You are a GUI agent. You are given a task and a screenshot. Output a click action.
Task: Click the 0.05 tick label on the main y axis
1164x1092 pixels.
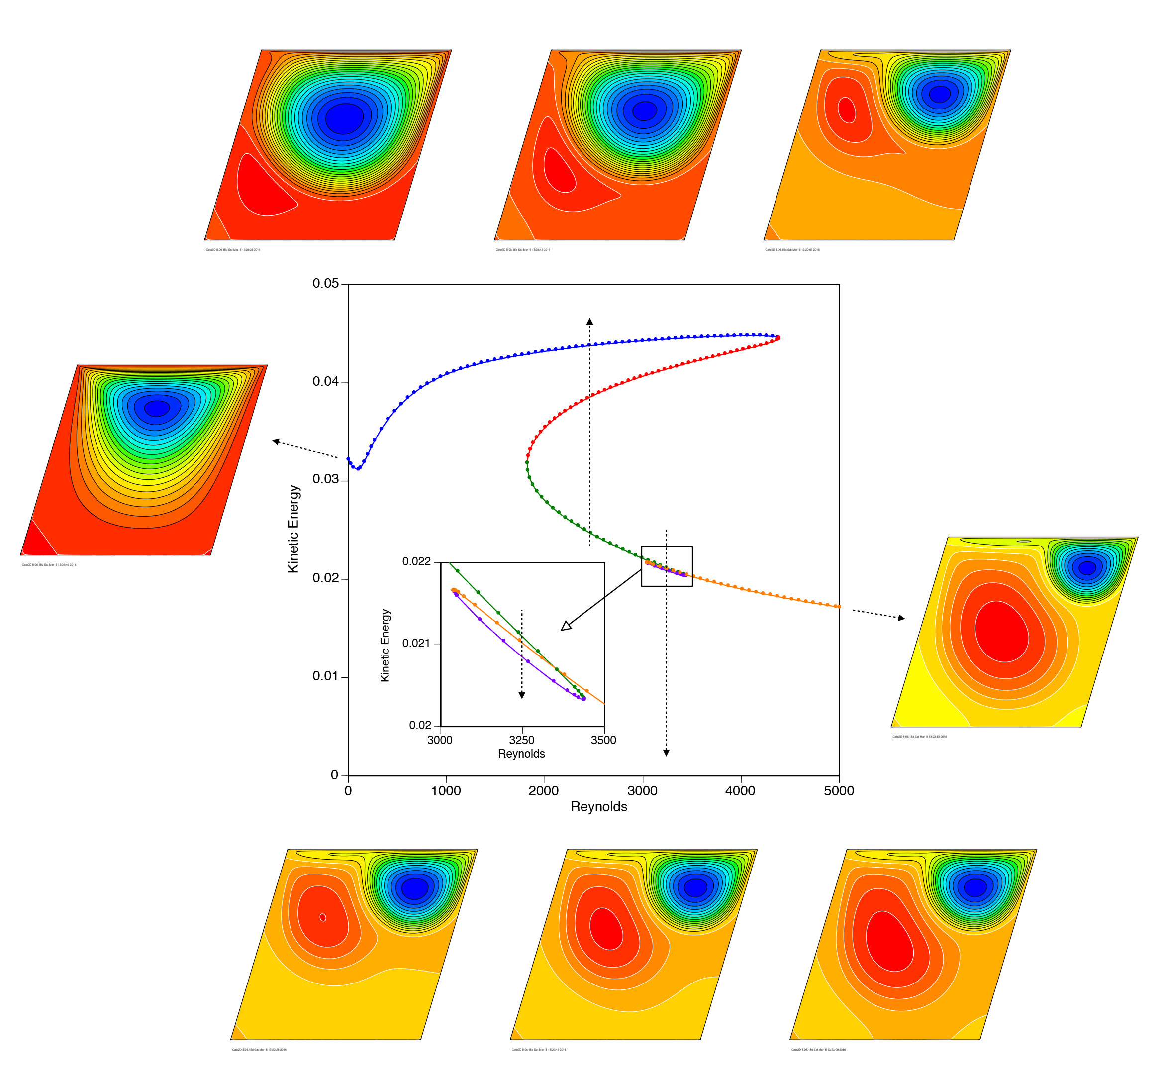[325, 284]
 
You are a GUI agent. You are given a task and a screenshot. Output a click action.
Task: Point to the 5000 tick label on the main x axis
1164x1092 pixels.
[839, 791]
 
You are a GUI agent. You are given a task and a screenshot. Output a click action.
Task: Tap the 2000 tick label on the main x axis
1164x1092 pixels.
[543, 791]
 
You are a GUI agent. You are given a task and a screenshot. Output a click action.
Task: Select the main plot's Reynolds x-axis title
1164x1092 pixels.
[598, 807]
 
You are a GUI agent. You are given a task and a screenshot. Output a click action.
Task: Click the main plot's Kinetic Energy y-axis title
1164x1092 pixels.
[293, 529]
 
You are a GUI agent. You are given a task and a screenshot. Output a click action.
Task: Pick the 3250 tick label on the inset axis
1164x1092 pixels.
[521, 740]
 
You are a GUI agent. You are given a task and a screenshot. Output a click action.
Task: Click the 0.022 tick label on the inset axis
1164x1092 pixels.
[416, 562]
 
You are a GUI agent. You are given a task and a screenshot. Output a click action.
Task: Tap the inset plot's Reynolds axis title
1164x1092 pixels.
[521, 754]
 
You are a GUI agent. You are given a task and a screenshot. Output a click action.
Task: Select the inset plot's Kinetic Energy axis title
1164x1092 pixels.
[385, 645]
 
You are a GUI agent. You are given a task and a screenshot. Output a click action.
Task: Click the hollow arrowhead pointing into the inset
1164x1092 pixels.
[566, 626]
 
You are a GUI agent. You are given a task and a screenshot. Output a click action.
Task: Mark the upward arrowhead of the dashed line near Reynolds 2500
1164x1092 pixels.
[589, 322]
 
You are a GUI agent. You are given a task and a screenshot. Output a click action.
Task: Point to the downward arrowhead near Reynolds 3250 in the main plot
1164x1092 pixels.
[666, 753]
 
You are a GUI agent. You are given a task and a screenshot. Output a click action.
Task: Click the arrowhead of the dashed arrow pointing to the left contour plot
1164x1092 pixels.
[276, 441]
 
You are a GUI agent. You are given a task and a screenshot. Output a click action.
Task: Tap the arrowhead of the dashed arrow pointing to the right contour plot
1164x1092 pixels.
[901, 618]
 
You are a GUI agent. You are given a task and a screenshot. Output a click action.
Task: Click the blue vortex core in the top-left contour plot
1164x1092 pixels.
[344, 118]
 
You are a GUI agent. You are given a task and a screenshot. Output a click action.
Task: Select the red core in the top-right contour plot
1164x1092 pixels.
[846, 109]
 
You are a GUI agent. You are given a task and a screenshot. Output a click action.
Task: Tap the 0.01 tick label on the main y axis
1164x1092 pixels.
[325, 676]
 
